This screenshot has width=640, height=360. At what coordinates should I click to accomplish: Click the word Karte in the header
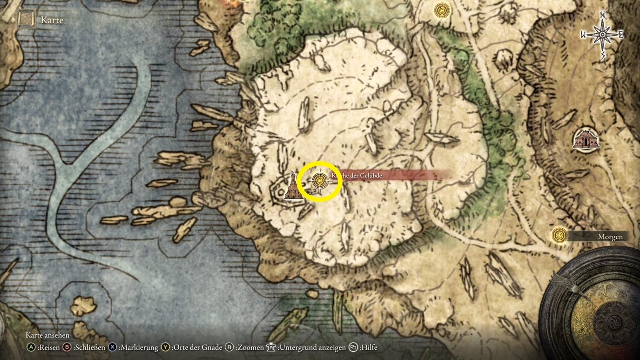tap(52, 20)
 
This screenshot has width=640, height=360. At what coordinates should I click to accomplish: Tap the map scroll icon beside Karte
tap(27, 20)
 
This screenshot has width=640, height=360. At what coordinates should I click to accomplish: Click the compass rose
tap(602, 35)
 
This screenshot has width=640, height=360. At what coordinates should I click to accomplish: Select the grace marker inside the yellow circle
tap(319, 180)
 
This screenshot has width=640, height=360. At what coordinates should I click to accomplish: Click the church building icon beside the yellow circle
tap(293, 188)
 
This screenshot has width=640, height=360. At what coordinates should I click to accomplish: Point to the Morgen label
tap(610, 237)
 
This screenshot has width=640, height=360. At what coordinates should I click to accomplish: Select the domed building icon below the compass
tap(586, 139)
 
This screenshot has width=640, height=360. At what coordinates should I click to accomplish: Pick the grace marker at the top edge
tap(441, 10)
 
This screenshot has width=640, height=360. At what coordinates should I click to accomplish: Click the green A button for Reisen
tap(31, 347)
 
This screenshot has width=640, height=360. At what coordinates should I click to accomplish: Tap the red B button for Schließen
tap(67, 347)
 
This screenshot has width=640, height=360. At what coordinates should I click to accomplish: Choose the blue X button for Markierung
tap(113, 347)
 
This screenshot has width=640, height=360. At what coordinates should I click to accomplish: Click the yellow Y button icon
tap(166, 347)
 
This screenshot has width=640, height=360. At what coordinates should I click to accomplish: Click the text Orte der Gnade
tap(197, 347)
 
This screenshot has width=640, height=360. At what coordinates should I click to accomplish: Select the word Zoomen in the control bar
tap(249, 347)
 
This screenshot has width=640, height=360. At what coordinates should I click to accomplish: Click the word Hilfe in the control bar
tap(370, 347)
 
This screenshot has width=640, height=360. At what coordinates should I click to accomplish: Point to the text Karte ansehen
tap(47, 335)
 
